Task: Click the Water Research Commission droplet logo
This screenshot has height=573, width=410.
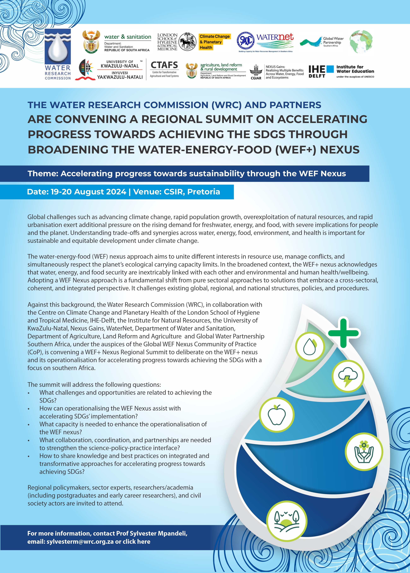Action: pyautogui.click(x=58, y=48)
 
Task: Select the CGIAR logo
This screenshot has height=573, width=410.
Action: pyautogui.click(x=256, y=72)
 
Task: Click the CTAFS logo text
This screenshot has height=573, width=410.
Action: pyautogui.click(x=164, y=65)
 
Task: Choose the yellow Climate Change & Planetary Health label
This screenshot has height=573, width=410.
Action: pyautogui.click(x=214, y=42)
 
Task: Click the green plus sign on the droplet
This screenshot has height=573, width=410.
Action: pyautogui.click(x=343, y=333)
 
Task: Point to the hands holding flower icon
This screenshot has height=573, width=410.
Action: pyautogui.click(x=364, y=452)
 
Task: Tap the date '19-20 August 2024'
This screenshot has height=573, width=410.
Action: pyautogui.click(x=89, y=192)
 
